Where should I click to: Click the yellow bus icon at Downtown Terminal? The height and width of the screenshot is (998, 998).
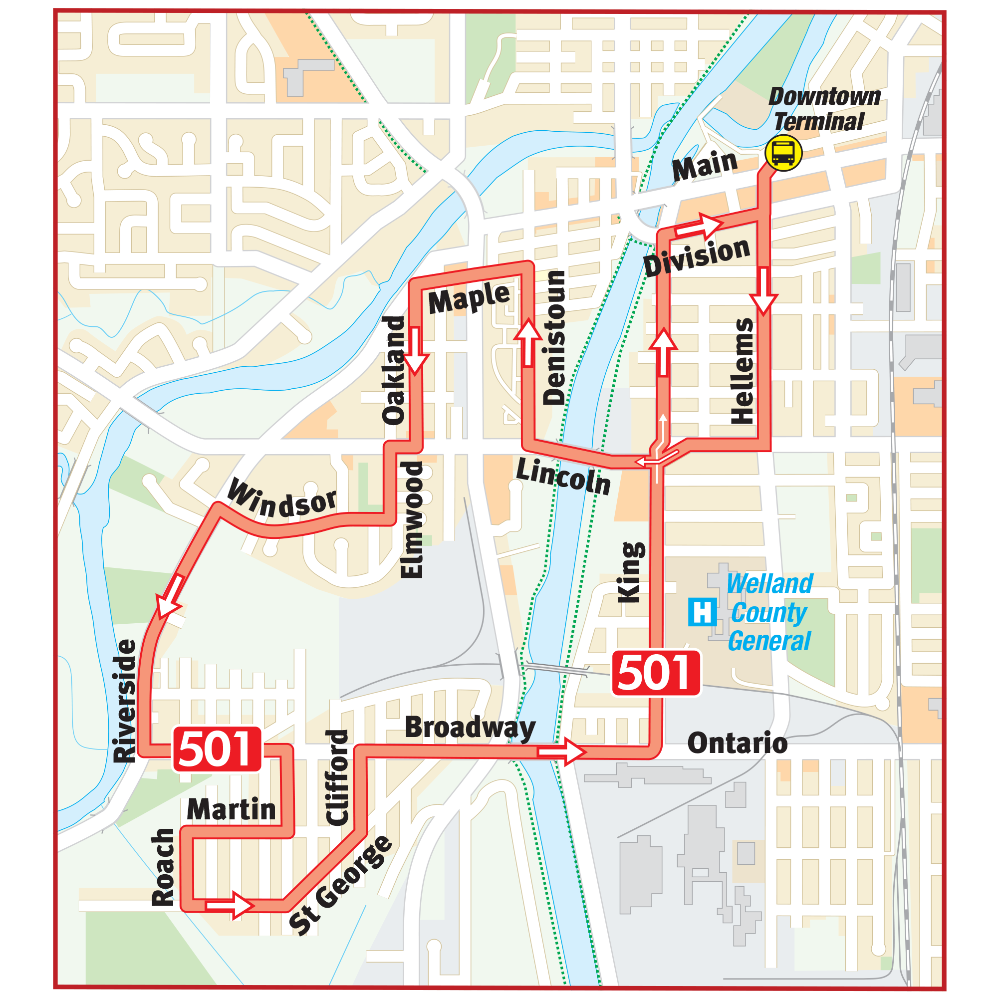coord(783,153)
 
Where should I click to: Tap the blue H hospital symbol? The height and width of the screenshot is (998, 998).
coord(702,612)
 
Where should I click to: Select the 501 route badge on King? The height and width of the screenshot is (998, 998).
coord(656,673)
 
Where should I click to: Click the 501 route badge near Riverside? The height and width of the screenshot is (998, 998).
coord(217,749)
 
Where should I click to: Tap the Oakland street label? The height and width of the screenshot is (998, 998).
coord(394,370)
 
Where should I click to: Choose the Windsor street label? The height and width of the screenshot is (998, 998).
coord(282,499)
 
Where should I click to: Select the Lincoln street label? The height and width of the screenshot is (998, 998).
coord(563,477)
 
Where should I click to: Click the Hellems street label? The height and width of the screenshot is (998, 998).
coord(743,371)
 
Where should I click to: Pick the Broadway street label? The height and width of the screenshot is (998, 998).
coord(470,728)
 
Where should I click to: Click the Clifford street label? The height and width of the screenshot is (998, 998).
coord(337,777)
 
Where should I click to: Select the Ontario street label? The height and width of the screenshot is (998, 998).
coord(737,744)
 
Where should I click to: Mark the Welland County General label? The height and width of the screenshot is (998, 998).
coord(769,613)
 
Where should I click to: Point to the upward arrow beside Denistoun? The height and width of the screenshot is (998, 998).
coord(528,343)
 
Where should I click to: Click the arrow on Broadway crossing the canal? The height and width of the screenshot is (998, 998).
coord(561,751)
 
